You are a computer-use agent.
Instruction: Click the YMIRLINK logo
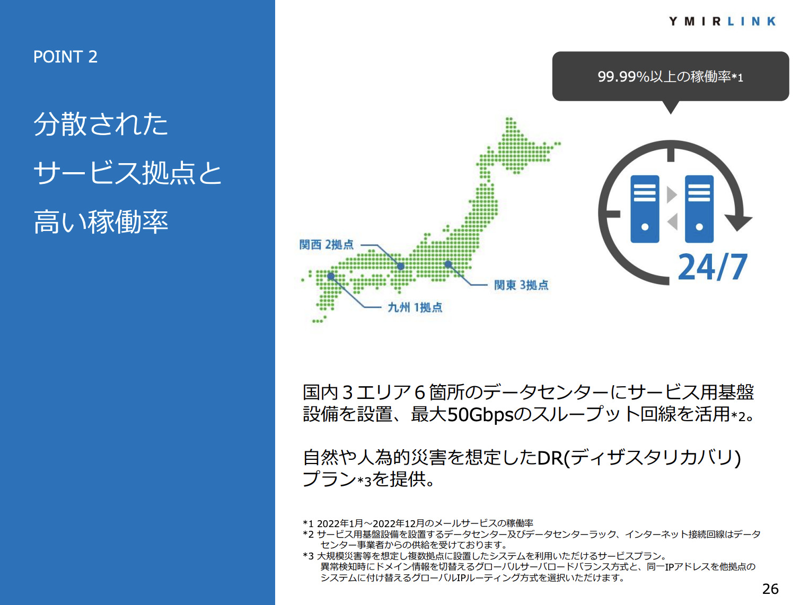[722, 21]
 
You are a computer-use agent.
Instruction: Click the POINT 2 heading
[65, 57]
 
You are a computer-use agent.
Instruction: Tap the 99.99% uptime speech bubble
[671, 77]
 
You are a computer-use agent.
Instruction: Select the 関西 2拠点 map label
[326, 244]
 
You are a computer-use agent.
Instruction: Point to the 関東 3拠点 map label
[521, 284]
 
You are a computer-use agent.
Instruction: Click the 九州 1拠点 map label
[415, 307]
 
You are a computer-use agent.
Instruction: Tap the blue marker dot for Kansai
[401, 266]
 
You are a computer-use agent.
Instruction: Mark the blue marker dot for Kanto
[448, 264]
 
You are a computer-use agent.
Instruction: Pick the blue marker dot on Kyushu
[331, 276]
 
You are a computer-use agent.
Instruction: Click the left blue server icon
[645, 209]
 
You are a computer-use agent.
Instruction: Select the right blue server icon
[699, 209]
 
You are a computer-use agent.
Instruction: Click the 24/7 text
[713, 267]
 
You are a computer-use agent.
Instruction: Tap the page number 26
[770, 589]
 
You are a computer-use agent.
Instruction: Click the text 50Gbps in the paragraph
[480, 414]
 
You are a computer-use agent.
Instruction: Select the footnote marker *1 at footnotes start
[308, 523]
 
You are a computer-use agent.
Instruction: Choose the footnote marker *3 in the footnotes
[308, 556]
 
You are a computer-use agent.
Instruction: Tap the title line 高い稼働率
[101, 221]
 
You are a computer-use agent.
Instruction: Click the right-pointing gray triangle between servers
[672, 195]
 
